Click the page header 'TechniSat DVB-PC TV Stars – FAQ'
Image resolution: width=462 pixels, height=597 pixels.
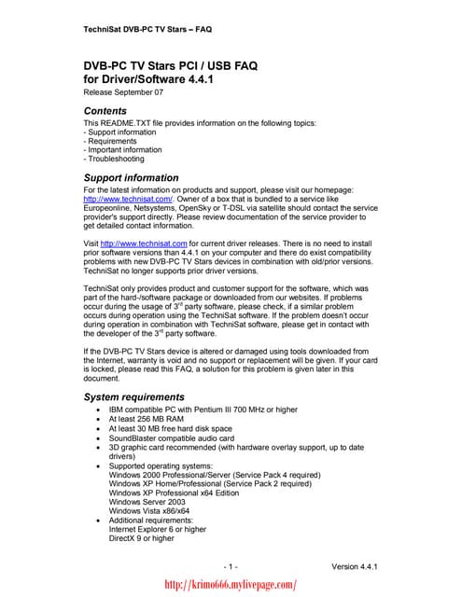click(147, 29)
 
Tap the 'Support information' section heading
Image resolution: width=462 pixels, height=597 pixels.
click(131, 177)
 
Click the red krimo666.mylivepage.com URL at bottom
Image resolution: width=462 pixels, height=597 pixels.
click(230, 584)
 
